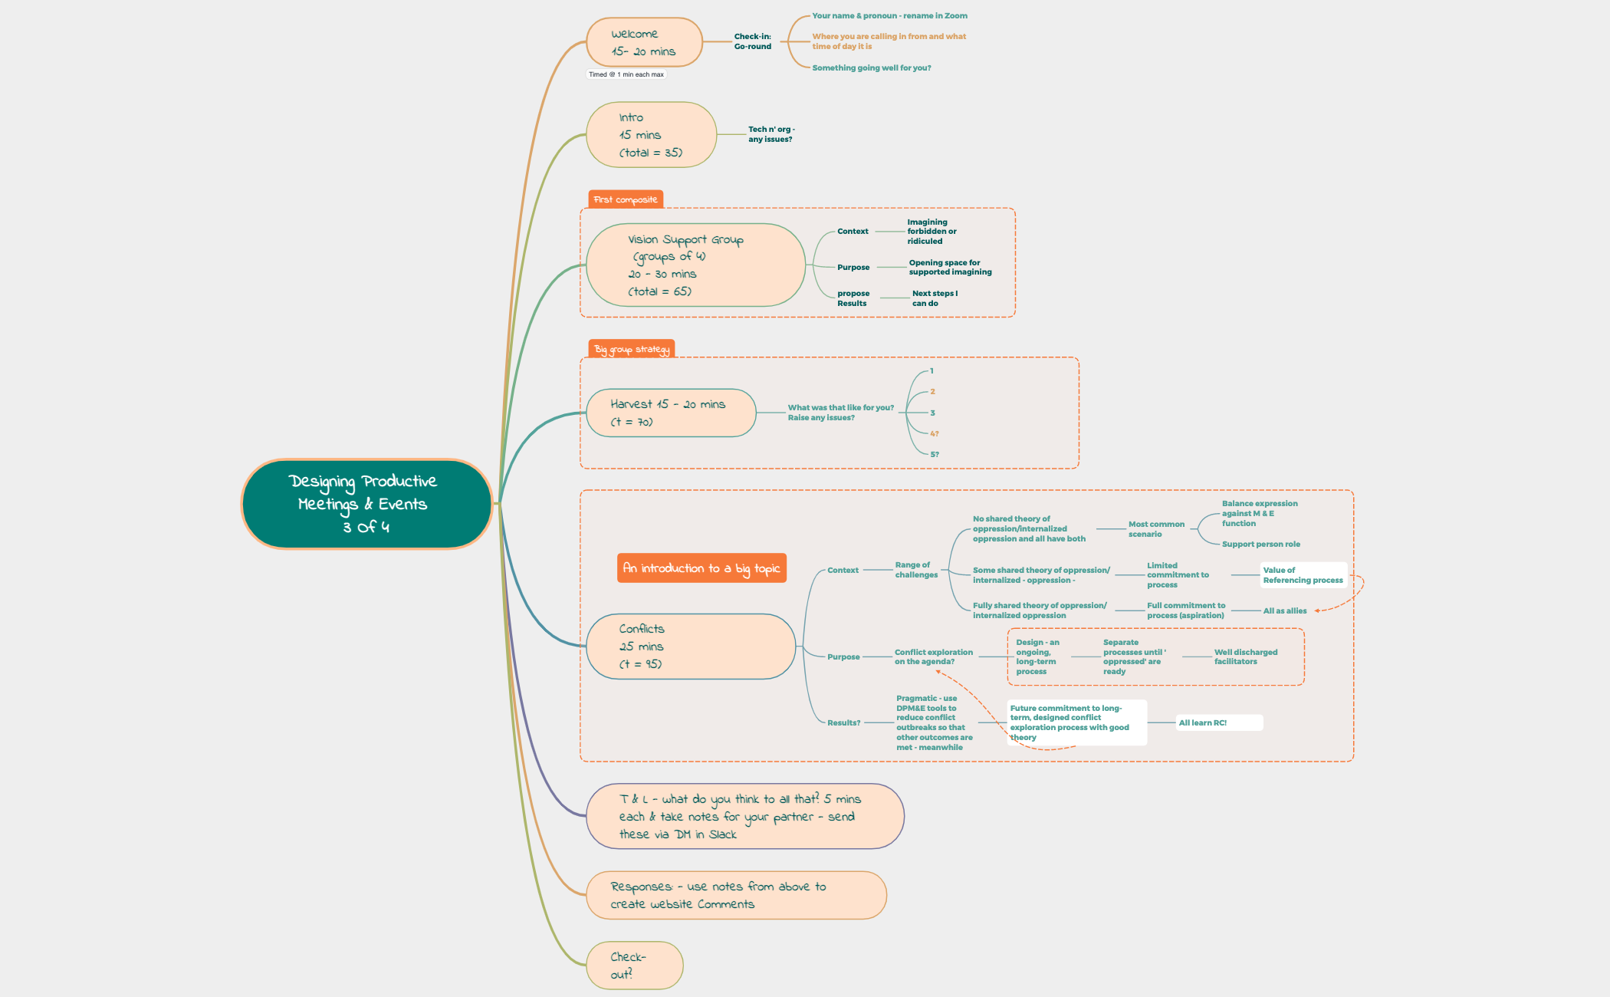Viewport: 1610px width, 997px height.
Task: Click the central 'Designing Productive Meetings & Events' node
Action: pos(366,504)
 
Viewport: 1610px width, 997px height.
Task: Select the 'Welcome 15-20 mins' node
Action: pos(644,43)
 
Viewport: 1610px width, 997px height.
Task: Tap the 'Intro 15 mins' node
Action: pos(651,135)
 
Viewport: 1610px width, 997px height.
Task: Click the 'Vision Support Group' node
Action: pos(695,265)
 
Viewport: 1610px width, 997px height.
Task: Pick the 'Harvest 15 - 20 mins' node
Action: pos(671,413)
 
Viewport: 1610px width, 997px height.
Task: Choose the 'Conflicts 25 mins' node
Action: pos(690,647)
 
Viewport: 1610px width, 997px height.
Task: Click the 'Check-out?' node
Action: pos(634,966)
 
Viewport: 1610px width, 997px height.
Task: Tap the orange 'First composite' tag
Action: pos(626,199)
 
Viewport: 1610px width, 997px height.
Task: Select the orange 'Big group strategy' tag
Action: pos(632,350)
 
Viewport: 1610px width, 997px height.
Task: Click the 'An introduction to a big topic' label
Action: pos(701,568)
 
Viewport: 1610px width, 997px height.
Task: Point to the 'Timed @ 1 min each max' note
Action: pos(626,74)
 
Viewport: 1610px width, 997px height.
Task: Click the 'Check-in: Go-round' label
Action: pos(753,41)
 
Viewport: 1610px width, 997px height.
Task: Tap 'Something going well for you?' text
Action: pos(872,68)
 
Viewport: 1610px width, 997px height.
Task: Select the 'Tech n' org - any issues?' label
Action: pos(771,134)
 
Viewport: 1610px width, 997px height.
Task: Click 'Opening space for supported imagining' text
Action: pos(950,267)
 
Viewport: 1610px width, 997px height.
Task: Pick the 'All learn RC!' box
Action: pos(1217,722)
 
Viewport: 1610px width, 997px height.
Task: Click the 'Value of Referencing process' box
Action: pos(1303,575)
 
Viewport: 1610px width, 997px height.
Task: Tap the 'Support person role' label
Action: pos(1260,545)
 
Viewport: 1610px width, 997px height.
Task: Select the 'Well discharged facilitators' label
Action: pos(1245,656)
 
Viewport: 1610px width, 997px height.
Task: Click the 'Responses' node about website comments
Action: pos(736,895)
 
